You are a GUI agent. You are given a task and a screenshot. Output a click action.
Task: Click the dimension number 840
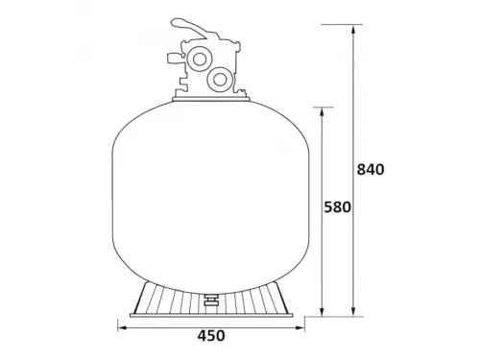370,170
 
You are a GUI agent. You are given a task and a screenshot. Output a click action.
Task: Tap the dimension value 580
338,207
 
